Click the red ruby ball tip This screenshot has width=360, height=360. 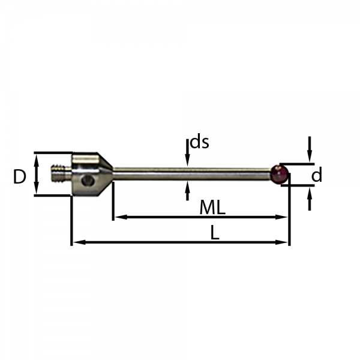point(280,174)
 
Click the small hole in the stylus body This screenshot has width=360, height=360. point(88,180)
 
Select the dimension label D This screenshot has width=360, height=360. point(20,176)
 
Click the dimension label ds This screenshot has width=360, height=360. point(200,142)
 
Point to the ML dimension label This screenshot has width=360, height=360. point(212,208)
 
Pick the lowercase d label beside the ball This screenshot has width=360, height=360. point(317,175)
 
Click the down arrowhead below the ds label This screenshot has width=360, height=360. point(188,160)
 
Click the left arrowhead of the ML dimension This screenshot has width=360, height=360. point(121,217)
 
